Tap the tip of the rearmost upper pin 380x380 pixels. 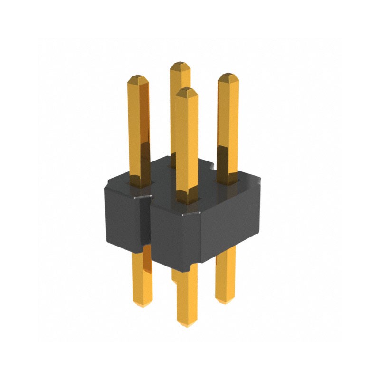pyautogui.click(x=180, y=63)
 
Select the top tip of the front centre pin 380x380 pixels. pyautogui.click(x=186, y=89)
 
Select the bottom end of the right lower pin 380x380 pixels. pyautogui.click(x=225, y=301)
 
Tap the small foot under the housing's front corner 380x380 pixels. pyautogui.click(x=192, y=264)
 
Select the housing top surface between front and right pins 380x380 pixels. pyautogui.click(x=209, y=188)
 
